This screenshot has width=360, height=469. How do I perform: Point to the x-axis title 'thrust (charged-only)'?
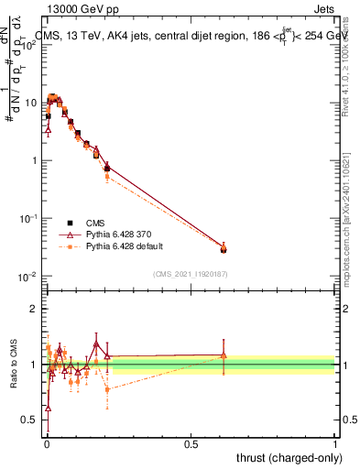click(285, 456)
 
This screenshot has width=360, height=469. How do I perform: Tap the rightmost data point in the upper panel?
click(224, 248)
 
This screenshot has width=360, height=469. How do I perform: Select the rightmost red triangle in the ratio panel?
click(224, 355)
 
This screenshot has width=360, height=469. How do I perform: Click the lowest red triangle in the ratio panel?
click(48, 408)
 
